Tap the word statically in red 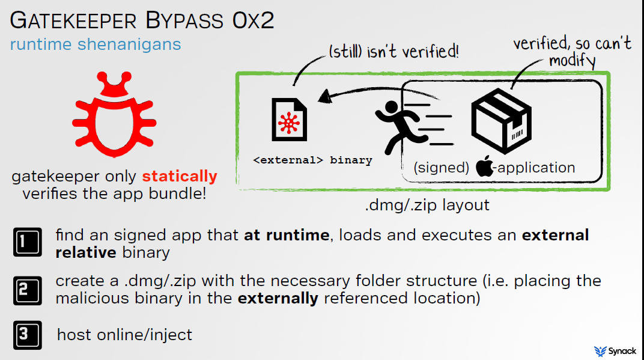tap(180, 176)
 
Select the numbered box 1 tap(28, 242)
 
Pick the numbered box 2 tap(28, 290)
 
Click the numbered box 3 tap(28, 335)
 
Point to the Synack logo tap(615, 351)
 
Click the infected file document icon tap(289, 120)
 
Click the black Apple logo tap(485, 166)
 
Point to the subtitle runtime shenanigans tap(96, 44)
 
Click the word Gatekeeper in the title tap(73, 20)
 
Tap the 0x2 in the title tap(253, 20)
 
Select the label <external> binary tap(312, 160)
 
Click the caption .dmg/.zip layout tap(427, 205)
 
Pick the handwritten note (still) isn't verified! tap(393, 52)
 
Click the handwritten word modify tap(572, 61)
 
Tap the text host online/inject tap(124, 335)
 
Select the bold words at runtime tap(287, 235)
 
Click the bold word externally tap(278, 299)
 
